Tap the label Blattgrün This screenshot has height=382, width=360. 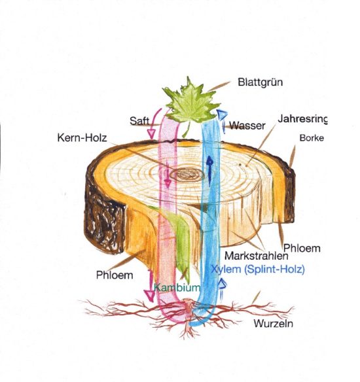[261, 82]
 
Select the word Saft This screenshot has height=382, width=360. [139, 121]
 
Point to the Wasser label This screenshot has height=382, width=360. [247, 126]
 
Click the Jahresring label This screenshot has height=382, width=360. [302, 119]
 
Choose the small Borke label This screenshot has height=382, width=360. [312, 138]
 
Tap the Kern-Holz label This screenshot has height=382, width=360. [82, 137]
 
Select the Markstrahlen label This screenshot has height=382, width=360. [256, 256]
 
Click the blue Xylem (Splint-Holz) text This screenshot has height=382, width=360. [258, 269]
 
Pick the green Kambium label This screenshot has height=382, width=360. [177, 287]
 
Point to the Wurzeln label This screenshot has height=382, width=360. [273, 324]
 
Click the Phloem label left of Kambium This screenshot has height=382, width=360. [115, 275]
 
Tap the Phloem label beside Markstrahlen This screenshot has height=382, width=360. [302, 249]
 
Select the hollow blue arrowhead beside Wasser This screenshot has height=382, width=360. [221, 114]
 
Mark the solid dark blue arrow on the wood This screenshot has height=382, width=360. [209, 171]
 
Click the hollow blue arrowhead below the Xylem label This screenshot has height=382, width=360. [222, 284]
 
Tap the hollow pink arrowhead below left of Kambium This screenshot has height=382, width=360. [149, 295]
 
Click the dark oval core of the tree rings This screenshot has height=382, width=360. [187, 175]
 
